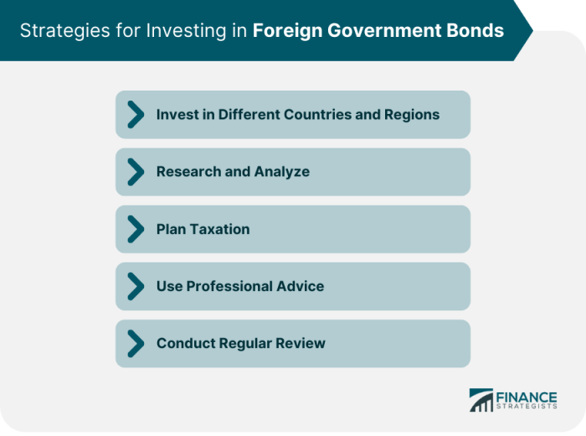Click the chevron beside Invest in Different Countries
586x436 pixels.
coord(135,115)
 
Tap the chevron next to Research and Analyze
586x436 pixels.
coord(135,172)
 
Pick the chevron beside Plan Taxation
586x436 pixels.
coord(135,229)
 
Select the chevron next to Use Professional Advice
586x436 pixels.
coord(135,286)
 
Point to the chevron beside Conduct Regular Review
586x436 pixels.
coord(135,343)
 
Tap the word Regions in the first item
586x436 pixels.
coord(411,115)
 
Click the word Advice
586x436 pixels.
coord(301,286)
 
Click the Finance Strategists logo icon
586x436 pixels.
coord(481,400)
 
